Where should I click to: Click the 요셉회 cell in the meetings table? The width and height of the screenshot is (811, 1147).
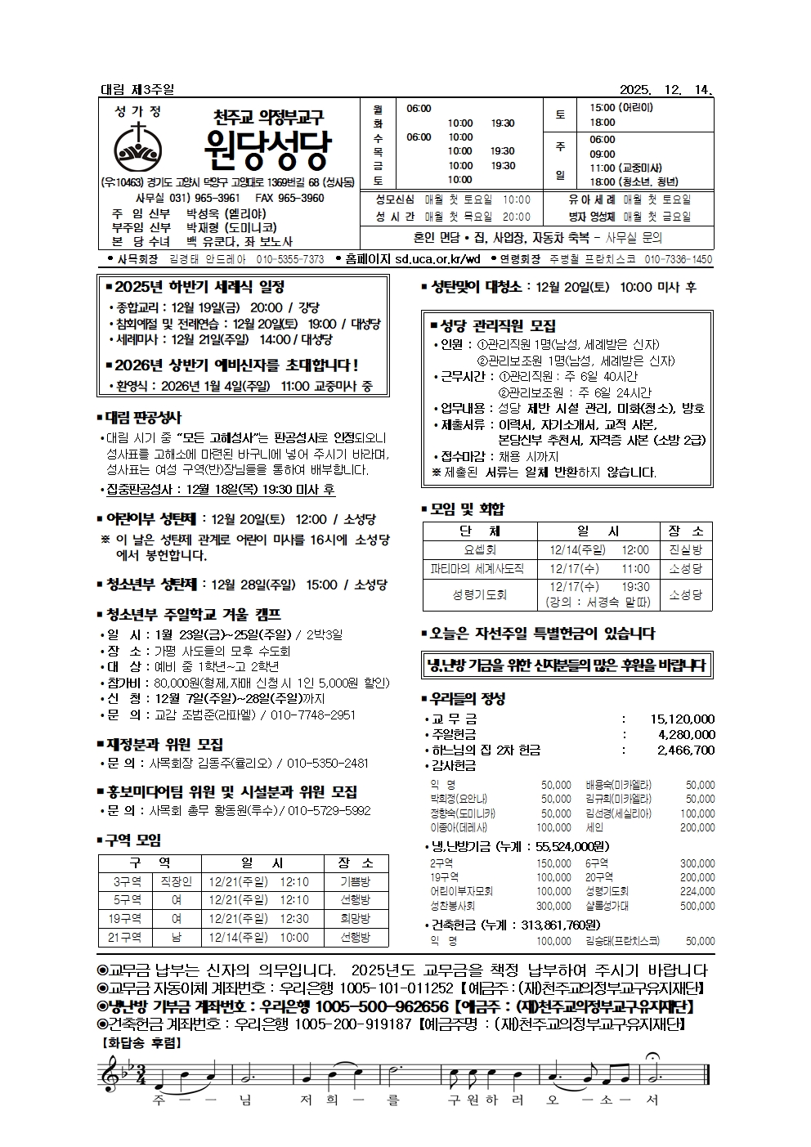tap(479, 550)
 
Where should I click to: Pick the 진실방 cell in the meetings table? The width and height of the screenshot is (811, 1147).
tap(685, 550)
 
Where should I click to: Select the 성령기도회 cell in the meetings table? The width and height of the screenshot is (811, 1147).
tap(479, 594)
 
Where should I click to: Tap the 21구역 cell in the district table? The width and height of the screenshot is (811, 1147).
tap(125, 938)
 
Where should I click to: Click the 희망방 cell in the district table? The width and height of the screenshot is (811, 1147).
tap(355, 919)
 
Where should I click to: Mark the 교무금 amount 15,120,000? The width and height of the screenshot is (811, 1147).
tap(682, 719)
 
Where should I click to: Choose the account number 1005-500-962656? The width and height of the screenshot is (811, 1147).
tap(382, 1006)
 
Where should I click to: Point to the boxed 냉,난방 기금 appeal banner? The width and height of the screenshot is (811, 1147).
tap(566, 665)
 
